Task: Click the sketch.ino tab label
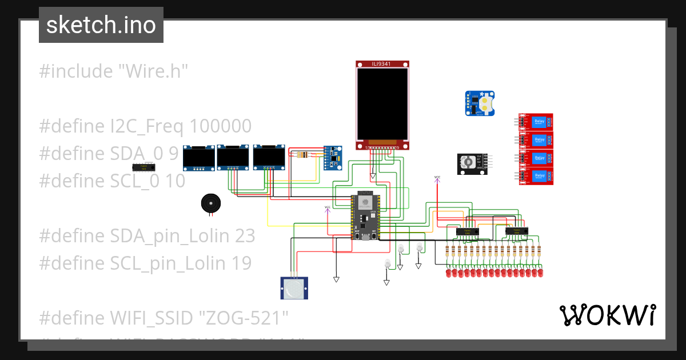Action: [x=101, y=25]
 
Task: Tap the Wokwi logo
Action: [x=607, y=315]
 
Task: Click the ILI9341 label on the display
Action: [x=382, y=64]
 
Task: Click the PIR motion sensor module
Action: [x=295, y=287]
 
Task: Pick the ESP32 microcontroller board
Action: [x=365, y=217]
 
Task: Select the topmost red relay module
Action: [x=536, y=122]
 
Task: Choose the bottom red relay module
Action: [x=536, y=177]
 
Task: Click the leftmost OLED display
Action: [x=198, y=158]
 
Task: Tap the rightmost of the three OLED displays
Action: [x=269, y=157]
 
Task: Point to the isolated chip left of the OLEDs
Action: [x=143, y=167]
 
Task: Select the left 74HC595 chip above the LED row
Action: [x=466, y=231]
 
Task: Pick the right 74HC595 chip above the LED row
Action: [x=516, y=231]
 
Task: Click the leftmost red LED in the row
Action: [x=448, y=274]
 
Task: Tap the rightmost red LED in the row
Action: [x=540, y=274]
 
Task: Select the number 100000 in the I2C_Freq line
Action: [x=220, y=126]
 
